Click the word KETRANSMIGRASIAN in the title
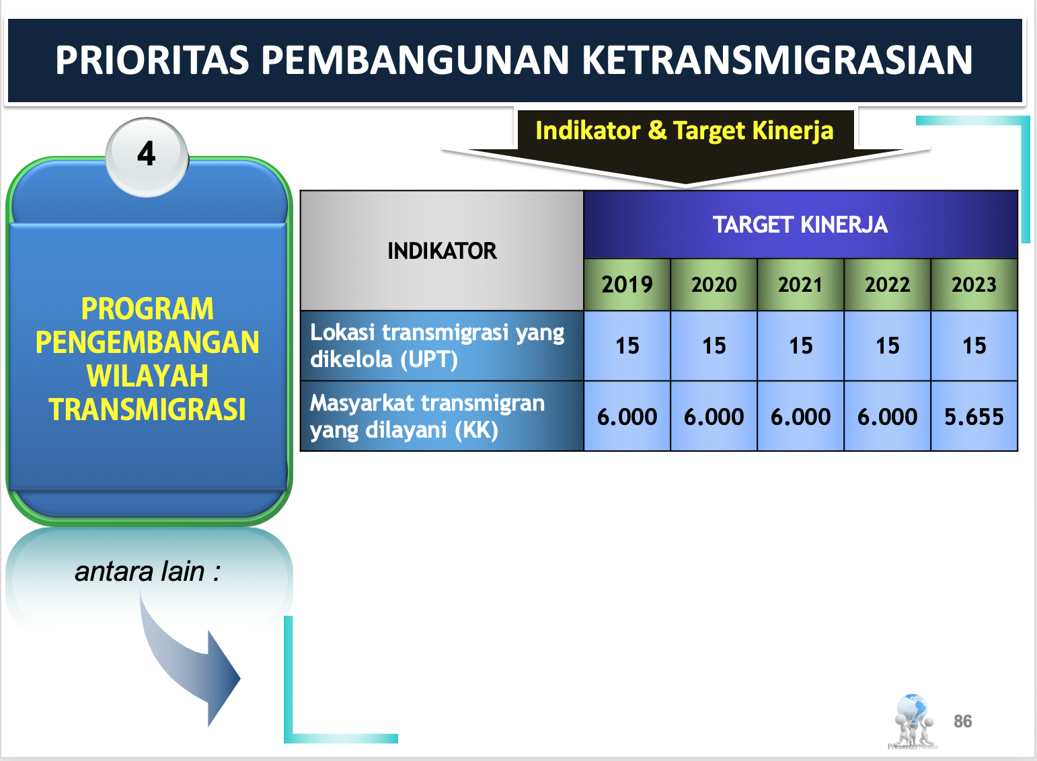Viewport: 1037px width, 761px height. pyautogui.click(x=777, y=60)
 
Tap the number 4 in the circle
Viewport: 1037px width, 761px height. pyautogui.click(x=147, y=153)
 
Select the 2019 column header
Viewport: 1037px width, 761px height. pyautogui.click(x=627, y=284)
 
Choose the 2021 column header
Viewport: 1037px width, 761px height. pyautogui.click(x=800, y=284)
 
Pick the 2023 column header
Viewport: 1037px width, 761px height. pyautogui.click(x=974, y=284)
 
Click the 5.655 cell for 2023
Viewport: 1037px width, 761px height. pyautogui.click(x=974, y=416)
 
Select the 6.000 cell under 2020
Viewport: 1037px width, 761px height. pyautogui.click(x=714, y=416)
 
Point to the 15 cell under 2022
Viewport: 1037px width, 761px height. pyautogui.click(x=888, y=346)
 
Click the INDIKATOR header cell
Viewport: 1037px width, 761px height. pyautogui.click(x=442, y=251)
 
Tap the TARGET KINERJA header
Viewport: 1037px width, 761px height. pyautogui.click(x=800, y=225)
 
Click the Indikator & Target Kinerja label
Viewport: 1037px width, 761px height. pyautogui.click(x=684, y=130)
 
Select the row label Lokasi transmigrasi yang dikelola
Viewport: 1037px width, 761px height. pyautogui.click(x=437, y=346)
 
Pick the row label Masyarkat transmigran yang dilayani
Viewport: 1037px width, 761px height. pyautogui.click(x=427, y=416)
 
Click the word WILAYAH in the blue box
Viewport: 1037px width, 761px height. pyautogui.click(x=147, y=375)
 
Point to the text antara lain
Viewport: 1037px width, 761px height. pyautogui.click(x=147, y=571)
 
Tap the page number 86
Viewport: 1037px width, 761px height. pyautogui.click(x=962, y=721)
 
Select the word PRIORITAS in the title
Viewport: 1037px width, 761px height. pyautogui.click(x=152, y=60)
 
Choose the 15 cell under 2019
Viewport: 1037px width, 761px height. pyautogui.click(x=627, y=346)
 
